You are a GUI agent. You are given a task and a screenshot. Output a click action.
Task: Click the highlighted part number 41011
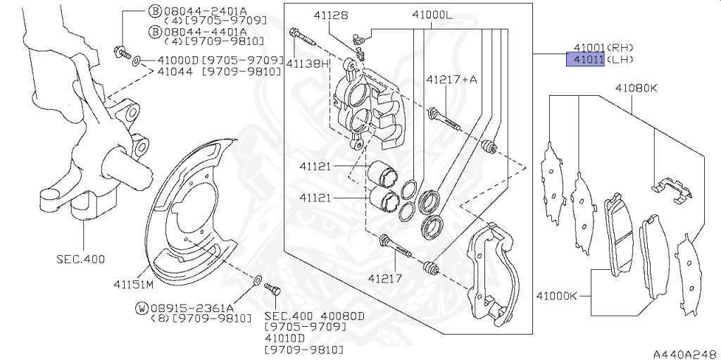pos(585,59)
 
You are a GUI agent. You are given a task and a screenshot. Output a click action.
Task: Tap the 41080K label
pos(637,88)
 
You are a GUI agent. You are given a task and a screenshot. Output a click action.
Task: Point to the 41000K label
pos(556,296)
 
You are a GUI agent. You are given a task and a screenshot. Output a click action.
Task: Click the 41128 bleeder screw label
pos(331,15)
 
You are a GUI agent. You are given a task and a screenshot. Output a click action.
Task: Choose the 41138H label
pos(308,63)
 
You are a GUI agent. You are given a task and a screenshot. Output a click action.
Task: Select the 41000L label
pos(432,15)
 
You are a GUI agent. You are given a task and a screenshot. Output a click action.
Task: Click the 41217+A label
pos(451,80)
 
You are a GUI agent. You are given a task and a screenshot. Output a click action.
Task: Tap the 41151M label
pos(133,284)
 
